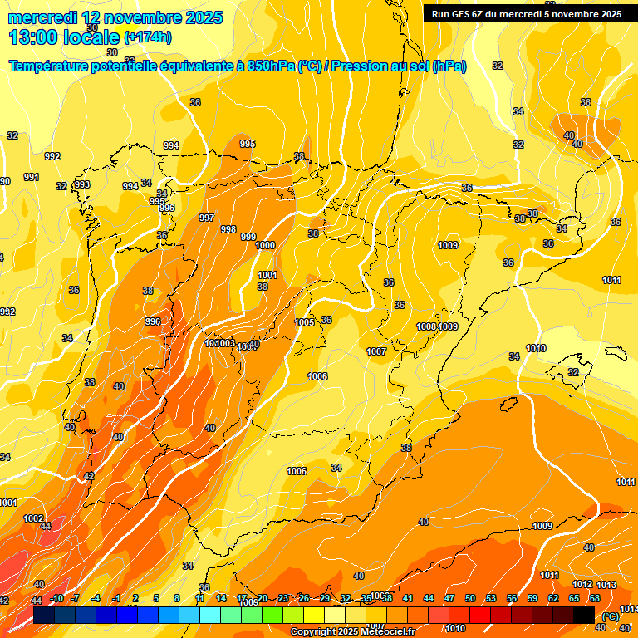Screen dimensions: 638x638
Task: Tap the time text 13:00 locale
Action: pos(64,37)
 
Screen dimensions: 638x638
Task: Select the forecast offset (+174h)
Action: pos(148,37)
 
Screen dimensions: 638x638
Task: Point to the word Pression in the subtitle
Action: pos(361,66)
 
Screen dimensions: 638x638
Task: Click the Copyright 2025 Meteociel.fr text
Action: pos(352,631)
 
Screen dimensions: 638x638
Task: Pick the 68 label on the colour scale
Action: pos(595,598)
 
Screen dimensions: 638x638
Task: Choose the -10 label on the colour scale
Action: pos(56,598)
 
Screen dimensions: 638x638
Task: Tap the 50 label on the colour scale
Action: pos(470,598)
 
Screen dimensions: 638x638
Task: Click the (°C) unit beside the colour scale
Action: pos(610,616)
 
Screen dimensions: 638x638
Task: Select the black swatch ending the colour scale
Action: pos(584,615)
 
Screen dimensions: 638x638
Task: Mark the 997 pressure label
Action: pos(207,218)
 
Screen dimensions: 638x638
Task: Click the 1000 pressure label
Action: pos(265,245)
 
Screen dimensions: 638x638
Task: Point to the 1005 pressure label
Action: pos(304,322)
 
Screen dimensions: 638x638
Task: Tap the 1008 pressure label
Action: pos(426,326)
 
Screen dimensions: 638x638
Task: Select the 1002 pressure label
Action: pos(33,518)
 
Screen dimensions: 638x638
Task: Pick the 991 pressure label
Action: pos(32,177)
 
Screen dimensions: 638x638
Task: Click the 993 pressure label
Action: pos(82,184)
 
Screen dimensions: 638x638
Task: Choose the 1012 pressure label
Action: pos(582,584)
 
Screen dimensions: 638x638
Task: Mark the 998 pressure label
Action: pos(228,229)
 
